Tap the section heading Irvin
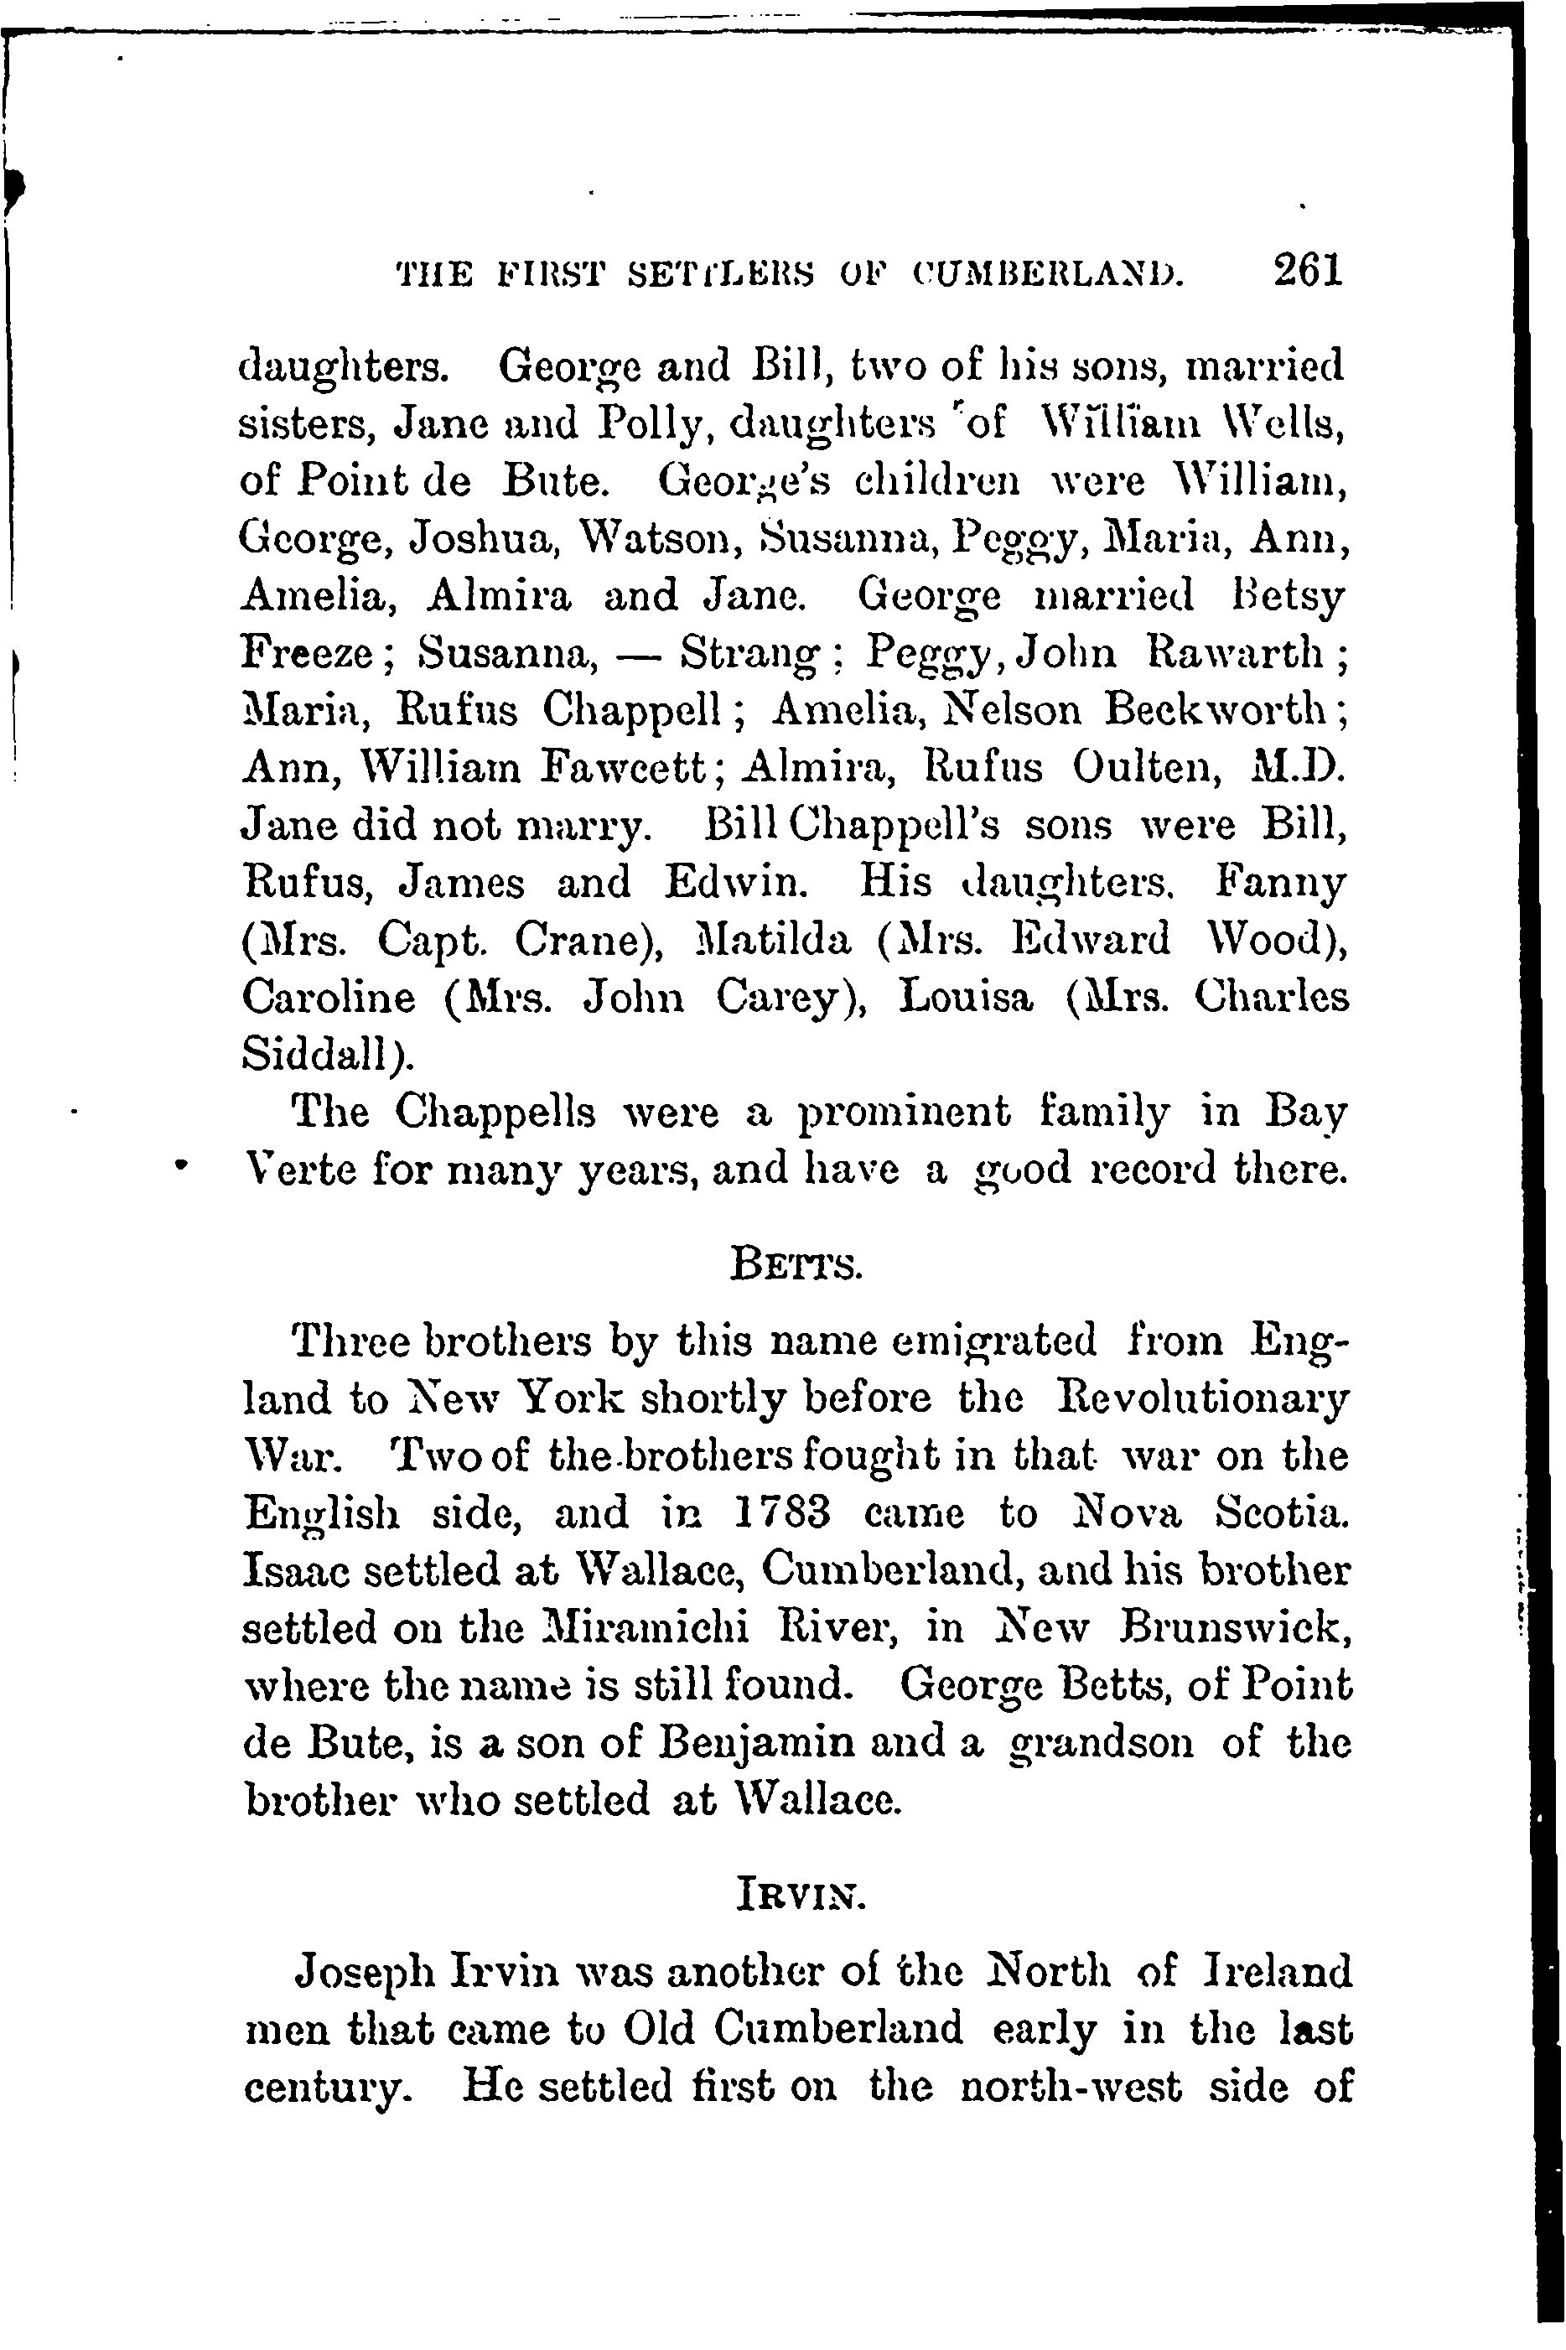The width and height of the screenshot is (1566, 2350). pos(798,1892)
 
